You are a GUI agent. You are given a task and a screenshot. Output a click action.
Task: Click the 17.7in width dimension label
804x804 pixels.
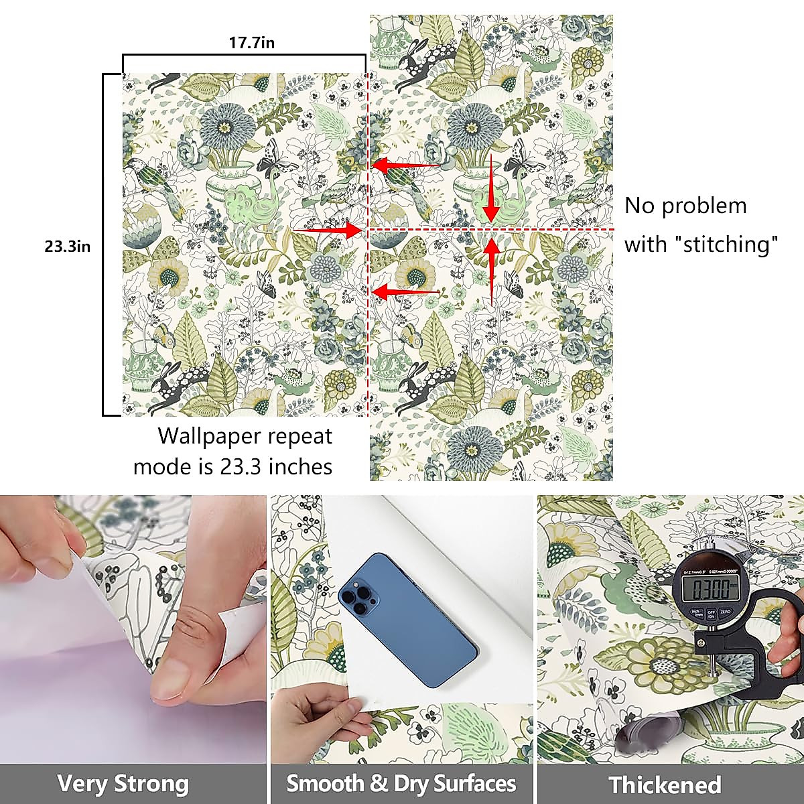[x=252, y=44]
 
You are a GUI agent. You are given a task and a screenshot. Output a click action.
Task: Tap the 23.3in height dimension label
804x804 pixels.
[x=67, y=247]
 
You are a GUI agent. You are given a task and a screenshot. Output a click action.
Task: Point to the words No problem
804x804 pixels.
[x=685, y=206]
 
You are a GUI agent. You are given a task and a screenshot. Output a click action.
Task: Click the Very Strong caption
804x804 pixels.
[x=123, y=783]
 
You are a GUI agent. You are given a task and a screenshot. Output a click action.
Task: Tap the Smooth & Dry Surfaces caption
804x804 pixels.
[x=401, y=783]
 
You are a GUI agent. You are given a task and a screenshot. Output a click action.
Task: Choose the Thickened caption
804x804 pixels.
[x=665, y=785]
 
